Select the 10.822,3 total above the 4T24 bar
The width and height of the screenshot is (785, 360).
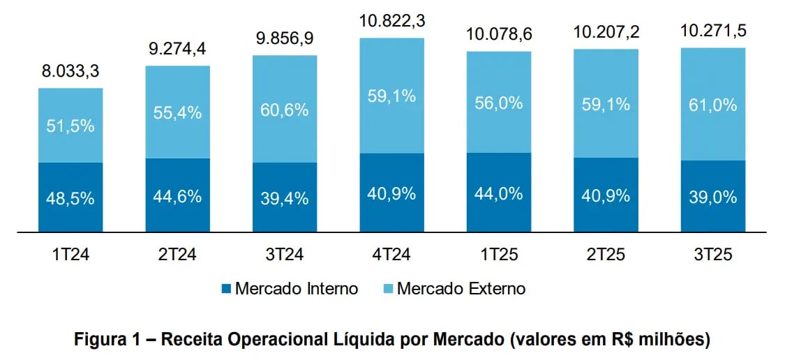click(x=391, y=22)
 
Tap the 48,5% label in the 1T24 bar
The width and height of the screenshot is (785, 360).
click(x=70, y=198)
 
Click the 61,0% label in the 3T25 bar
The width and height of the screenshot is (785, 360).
click(x=712, y=105)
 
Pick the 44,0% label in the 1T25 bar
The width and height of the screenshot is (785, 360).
click(x=498, y=193)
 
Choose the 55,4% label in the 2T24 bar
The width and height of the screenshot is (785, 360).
click(x=177, y=112)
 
